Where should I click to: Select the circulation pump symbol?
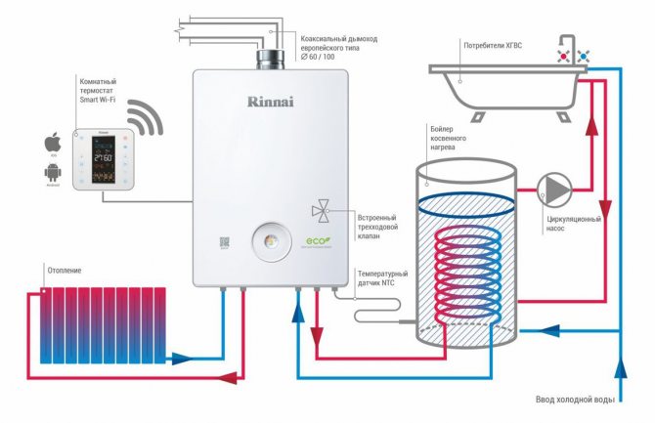(551, 189)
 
